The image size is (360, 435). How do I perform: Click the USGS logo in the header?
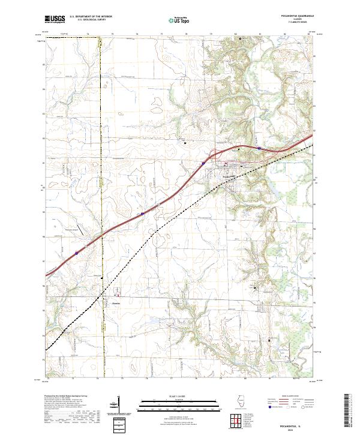tap(54, 20)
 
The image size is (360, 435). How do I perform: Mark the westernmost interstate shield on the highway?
tap(77, 253)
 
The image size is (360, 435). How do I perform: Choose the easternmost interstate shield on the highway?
tap(259, 148)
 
